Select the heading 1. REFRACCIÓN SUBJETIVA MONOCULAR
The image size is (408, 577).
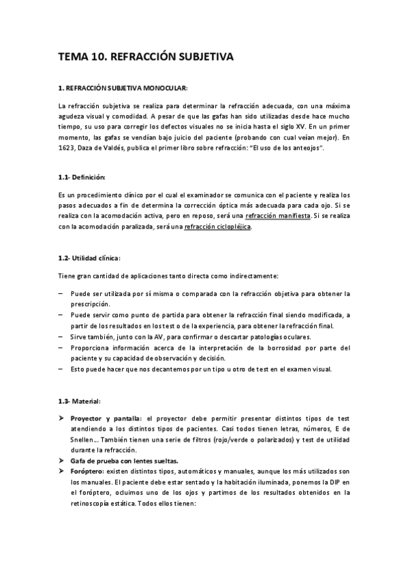[x=123, y=88]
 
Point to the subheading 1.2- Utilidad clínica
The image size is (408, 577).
[x=89, y=258]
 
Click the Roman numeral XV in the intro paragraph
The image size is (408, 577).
[x=297, y=127]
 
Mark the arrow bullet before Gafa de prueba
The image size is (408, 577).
[x=61, y=461]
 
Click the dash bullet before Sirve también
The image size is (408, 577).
[x=61, y=337]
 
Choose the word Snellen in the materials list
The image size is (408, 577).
[x=80, y=440]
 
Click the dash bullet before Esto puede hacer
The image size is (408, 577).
[x=61, y=369]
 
